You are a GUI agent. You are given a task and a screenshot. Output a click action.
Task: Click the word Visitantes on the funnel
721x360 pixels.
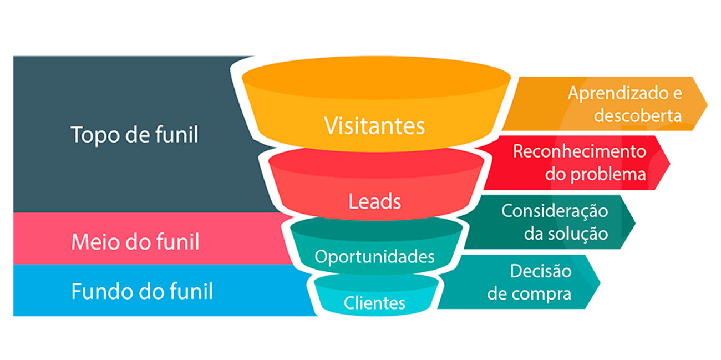[374, 126]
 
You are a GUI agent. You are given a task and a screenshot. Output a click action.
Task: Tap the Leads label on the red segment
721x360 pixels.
[374, 201]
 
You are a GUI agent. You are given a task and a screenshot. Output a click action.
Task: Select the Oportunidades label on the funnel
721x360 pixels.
[374, 257]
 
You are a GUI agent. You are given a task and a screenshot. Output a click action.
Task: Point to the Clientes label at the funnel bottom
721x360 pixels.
[374, 303]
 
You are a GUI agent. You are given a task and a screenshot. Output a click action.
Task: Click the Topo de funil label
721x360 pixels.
[134, 135]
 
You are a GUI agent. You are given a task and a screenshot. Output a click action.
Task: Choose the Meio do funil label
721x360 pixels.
[135, 242]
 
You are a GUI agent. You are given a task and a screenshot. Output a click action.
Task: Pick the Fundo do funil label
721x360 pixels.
[142, 291]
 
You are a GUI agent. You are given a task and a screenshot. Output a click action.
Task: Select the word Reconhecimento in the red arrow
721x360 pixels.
[580, 151]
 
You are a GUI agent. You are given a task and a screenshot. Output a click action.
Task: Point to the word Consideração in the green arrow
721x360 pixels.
[555, 211]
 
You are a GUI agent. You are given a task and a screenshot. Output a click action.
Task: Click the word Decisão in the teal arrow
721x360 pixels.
[540, 271]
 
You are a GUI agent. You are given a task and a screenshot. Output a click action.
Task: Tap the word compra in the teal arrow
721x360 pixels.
[544, 293]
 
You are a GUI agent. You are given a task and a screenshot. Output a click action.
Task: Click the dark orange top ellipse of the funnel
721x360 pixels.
[375, 78]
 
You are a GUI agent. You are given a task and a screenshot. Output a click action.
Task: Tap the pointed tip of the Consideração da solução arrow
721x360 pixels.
[634, 222]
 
